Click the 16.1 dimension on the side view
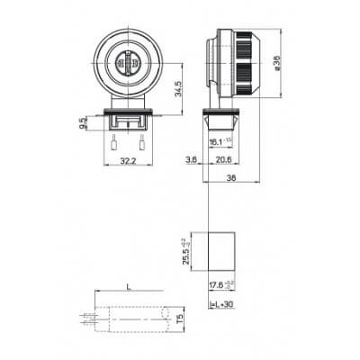click(x=216, y=142)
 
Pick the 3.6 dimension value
click(x=192, y=160)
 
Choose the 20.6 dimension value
click(x=222, y=160)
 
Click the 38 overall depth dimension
click(x=232, y=180)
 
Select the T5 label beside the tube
click(x=181, y=318)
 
